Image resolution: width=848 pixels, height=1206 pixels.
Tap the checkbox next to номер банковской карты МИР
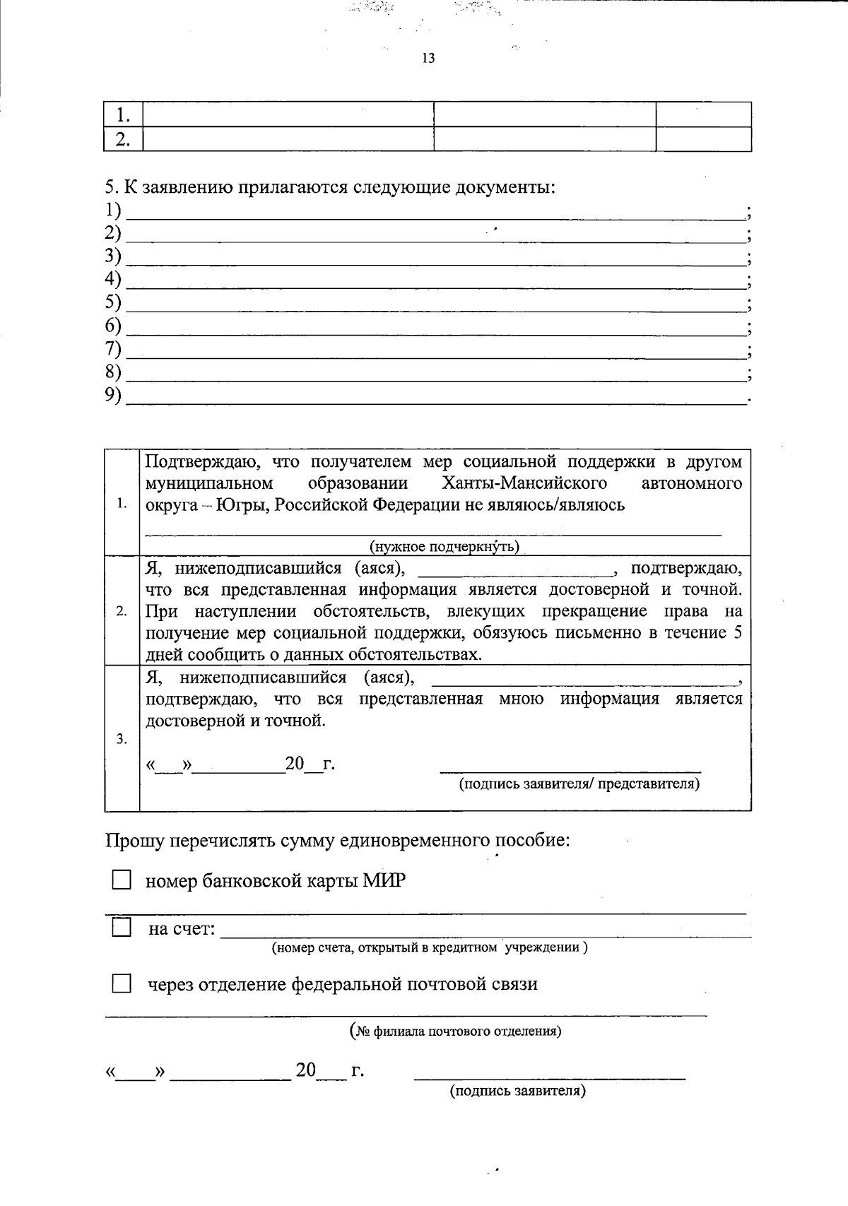[x=122, y=880]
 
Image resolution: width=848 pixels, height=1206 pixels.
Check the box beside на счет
[x=122, y=927]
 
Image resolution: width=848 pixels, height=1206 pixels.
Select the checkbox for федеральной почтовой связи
[x=122, y=983]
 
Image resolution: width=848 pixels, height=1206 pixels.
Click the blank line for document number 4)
[x=435, y=285]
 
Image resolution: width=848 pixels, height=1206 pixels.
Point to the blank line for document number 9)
[x=435, y=402]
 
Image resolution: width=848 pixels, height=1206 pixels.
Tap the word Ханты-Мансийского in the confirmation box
[x=524, y=483]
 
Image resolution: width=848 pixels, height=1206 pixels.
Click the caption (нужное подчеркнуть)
[x=444, y=547]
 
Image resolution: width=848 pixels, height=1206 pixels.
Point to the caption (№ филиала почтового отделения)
[x=456, y=1031]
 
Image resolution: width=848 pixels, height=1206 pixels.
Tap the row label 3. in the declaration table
[x=122, y=740]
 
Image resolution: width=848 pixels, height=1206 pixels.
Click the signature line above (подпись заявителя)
[x=549, y=1077]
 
